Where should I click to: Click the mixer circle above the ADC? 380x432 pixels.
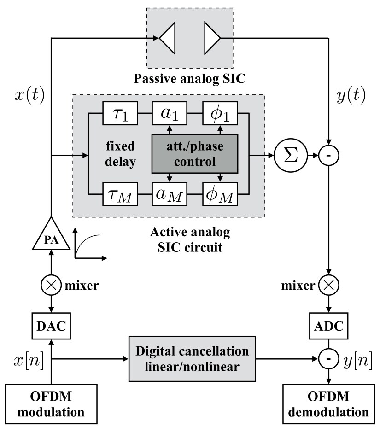pyautogui.click(x=329, y=286)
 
